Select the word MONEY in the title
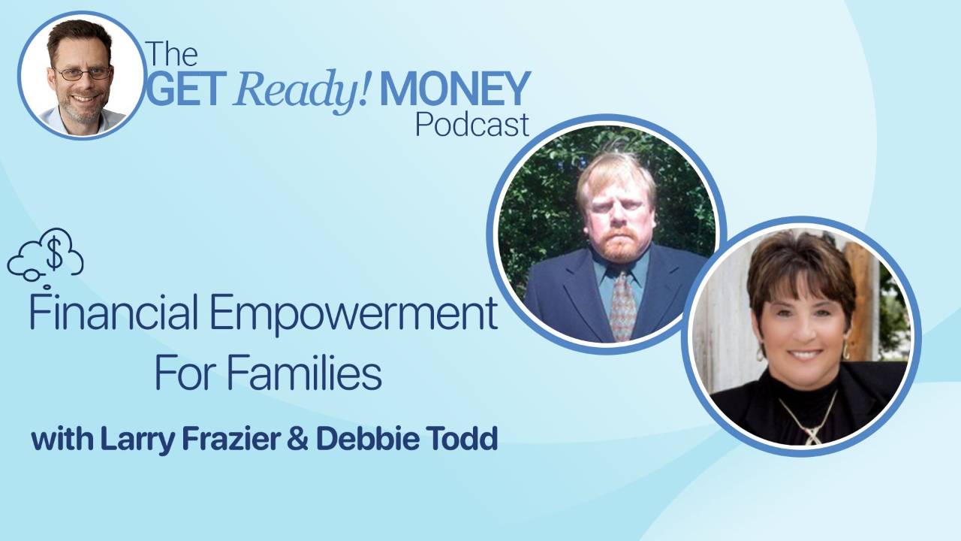(455, 89)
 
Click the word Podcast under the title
(472, 124)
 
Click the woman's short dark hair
(796, 259)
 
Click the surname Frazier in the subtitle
(217, 439)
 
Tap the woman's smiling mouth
(804, 352)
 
